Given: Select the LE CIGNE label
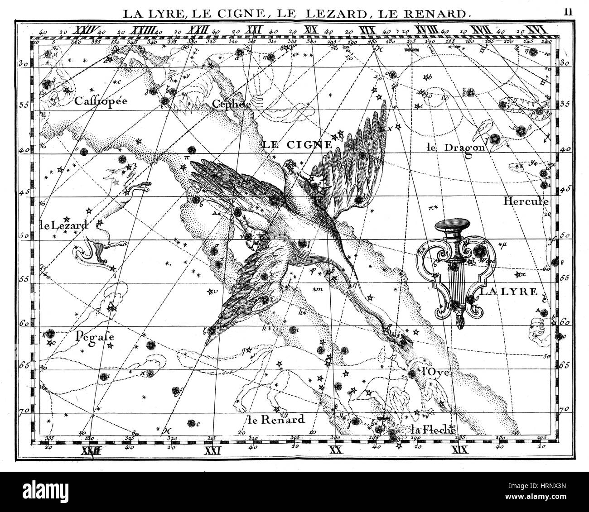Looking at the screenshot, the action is point(297,145).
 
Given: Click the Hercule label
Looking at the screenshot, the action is point(526,201).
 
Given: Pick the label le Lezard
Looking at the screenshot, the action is point(64,224).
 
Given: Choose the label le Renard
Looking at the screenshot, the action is point(276,420).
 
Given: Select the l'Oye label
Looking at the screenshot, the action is point(435,373).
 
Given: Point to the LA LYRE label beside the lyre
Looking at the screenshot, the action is point(508,292).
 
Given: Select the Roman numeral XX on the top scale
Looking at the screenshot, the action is point(310,30).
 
